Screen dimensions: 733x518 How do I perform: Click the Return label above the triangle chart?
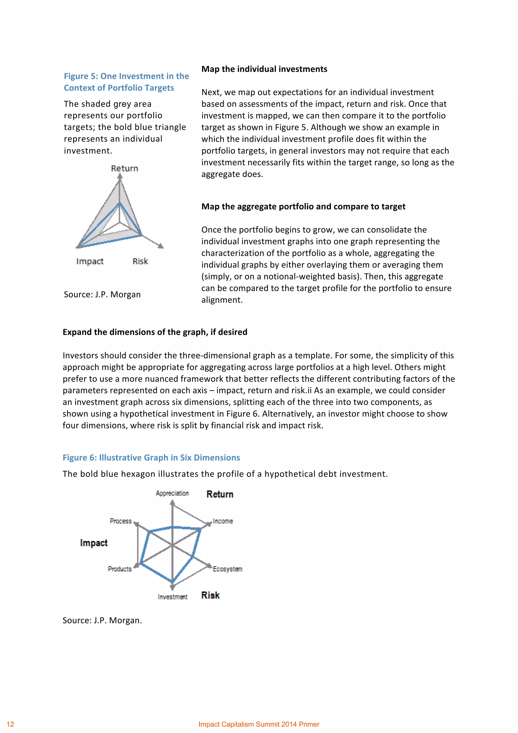pos(124,168)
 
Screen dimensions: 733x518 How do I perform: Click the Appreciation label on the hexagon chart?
pos(172,493)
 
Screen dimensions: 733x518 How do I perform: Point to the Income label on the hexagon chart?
pos(223,521)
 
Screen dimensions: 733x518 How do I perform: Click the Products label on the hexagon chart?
pos(120,569)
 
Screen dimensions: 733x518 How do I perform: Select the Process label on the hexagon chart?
pos(121,521)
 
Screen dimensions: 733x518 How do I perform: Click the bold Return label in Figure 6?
pos(220,494)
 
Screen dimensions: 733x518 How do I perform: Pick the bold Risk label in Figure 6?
pos(210,595)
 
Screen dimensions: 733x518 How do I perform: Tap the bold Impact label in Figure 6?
pos(94,543)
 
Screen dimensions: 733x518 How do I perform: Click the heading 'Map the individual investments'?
pos(264,69)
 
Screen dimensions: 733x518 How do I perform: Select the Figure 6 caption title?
pos(151,458)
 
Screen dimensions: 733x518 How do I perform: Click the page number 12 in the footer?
pos(10,724)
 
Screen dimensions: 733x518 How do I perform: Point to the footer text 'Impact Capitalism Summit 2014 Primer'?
pos(259,724)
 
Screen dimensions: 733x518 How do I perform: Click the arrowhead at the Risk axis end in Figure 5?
pos(161,246)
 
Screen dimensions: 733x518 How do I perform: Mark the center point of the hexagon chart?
pos(172,545)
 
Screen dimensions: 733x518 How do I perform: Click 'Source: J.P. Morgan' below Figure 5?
pos(102,294)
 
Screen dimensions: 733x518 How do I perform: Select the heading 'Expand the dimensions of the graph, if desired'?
pos(155,332)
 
